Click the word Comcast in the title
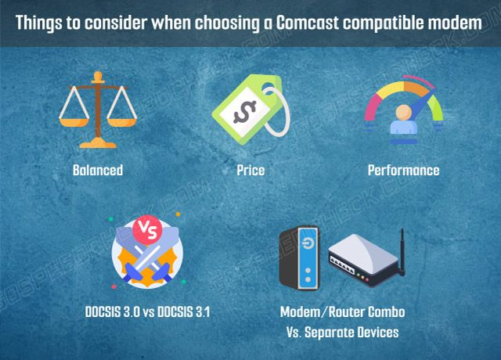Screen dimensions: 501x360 [x=307, y=23]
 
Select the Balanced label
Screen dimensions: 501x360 [x=98, y=170]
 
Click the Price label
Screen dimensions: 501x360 [x=250, y=170]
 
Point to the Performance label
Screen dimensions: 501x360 [x=404, y=170]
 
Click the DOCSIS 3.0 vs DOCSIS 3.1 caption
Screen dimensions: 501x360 [x=147, y=311]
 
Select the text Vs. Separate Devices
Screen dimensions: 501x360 [x=343, y=332]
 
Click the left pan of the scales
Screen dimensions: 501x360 [x=74, y=122]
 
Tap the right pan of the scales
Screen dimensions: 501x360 [x=122, y=122]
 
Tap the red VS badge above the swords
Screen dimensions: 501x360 [x=147, y=229]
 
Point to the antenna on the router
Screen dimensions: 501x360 [x=402, y=252]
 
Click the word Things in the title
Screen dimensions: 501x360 [x=38, y=23]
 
